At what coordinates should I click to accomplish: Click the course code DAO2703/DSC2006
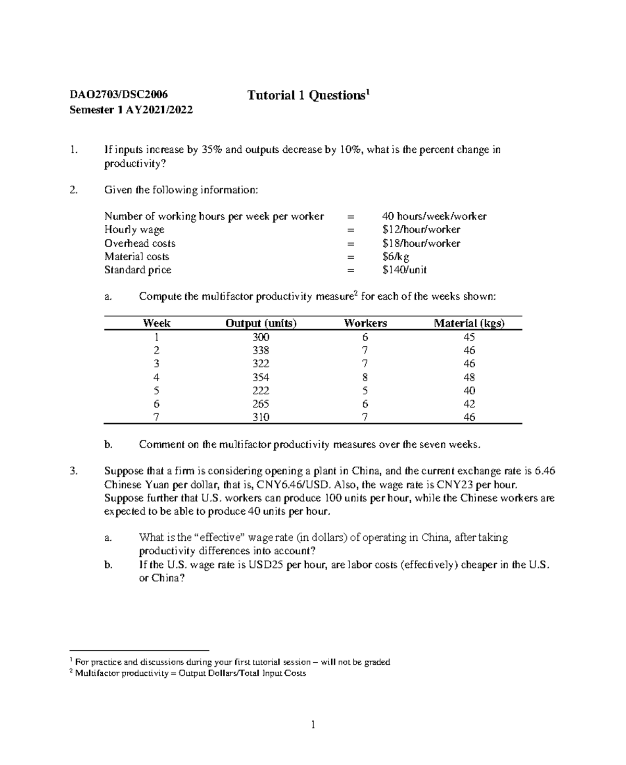tap(119, 94)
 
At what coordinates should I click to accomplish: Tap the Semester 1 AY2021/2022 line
tap(131, 110)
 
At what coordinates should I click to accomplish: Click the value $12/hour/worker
tap(421, 230)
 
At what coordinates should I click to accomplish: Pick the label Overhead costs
tap(140, 244)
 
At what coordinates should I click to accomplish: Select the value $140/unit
tap(404, 270)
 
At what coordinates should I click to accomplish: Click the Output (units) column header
tap(261, 323)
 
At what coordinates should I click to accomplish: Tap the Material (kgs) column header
tap(469, 323)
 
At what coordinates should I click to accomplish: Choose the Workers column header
tap(365, 323)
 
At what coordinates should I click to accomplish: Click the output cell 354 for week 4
tap(261, 378)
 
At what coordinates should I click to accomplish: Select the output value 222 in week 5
tap(261, 391)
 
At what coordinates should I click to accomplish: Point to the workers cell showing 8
tap(365, 378)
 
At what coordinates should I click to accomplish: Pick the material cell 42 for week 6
tap(469, 404)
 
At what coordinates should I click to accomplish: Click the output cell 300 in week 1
tap(261, 337)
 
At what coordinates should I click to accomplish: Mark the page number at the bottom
tap(313, 725)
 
